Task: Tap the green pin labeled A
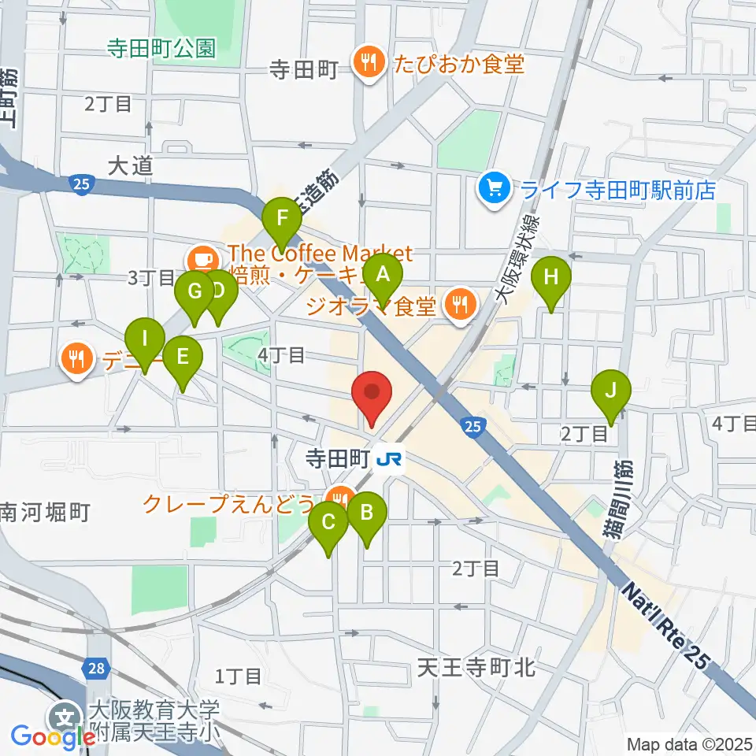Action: click(x=384, y=275)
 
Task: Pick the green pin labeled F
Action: click(x=282, y=213)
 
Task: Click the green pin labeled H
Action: click(x=551, y=277)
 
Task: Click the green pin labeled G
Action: click(x=194, y=291)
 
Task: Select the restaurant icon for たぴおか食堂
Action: click(x=366, y=64)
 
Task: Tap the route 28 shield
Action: click(x=94, y=669)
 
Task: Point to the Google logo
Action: click(x=52, y=737)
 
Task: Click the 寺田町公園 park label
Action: click(x=161, y=49)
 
